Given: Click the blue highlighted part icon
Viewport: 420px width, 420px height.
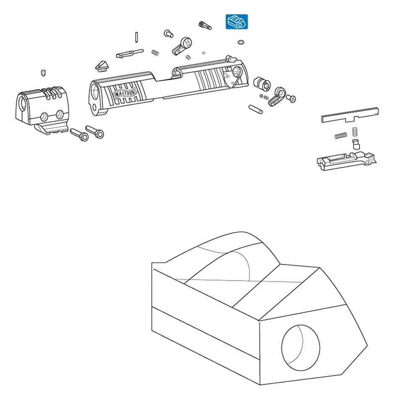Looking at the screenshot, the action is (x=236, y=22).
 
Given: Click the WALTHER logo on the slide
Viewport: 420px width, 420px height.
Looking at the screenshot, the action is (x=125, y=94).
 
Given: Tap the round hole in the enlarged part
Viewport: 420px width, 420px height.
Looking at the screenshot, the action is (x=301, y=348).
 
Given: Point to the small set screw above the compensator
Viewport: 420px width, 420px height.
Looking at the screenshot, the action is (x=43, y=73).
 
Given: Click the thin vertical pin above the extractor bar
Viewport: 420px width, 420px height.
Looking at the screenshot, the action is (x=136, y=37).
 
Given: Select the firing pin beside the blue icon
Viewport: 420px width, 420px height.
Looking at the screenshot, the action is (x=205, y=26).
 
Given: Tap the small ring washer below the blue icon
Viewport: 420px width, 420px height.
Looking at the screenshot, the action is (x=241, y=42).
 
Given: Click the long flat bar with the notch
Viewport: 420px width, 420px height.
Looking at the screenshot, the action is (x=350, y=115).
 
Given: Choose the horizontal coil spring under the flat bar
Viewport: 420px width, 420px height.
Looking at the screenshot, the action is (x=341, y=136).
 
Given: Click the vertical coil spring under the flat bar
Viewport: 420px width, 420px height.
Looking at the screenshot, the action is (x=355, y=132).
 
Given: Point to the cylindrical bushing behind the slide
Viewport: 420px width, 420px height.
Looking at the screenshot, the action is (x=262, y=84).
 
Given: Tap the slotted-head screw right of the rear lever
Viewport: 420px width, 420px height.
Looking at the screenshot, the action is (x=291, y=99).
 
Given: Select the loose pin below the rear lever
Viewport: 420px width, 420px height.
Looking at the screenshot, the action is (x=255, y=109).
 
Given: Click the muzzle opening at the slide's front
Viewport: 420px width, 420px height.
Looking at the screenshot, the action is (x=94, y=91).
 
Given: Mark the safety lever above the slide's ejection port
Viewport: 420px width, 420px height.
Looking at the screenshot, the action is (x=182, y=46).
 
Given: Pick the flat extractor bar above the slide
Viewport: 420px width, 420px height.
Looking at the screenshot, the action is (x=130, y=53).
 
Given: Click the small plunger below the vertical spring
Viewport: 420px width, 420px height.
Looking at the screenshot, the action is (x=356, y=144).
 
